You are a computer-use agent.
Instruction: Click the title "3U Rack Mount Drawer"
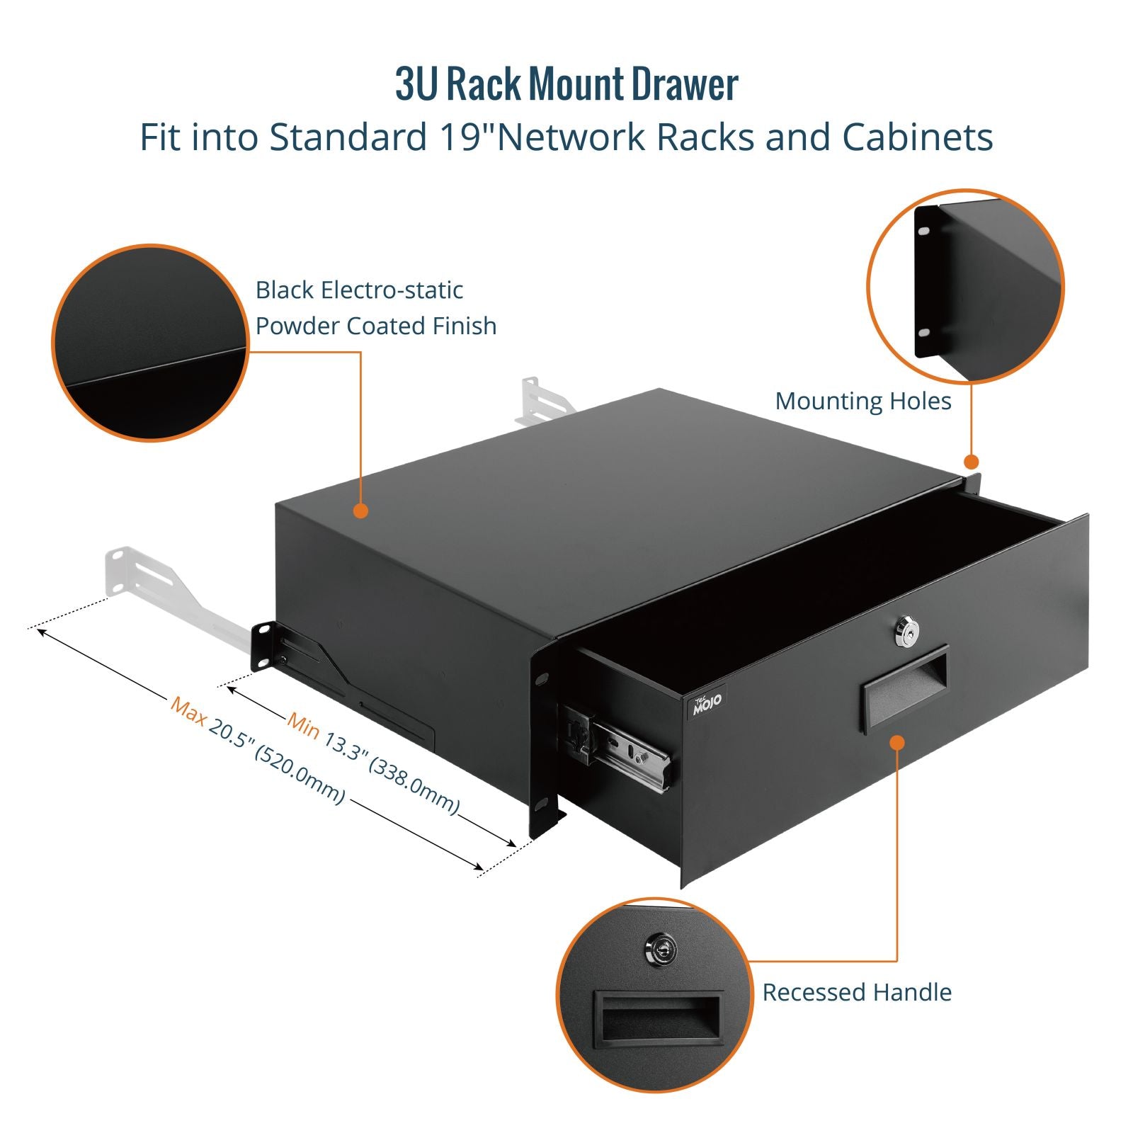[x=566, y=85]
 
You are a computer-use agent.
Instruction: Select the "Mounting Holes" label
[x=862, y=401]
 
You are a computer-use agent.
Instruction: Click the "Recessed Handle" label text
[x=856, y=992]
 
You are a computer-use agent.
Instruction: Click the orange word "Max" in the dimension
[x=188, y=710]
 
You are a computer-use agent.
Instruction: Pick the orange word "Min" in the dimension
[x=303, y=724]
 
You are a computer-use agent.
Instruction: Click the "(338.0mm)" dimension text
[x=414, y=786]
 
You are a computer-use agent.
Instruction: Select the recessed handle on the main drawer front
[x=904, y=688]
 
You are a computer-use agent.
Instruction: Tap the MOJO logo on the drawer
[x=706, y=702]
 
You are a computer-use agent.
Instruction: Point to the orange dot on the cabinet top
[x=360, y=511]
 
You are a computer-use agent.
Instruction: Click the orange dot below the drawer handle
[x=896, y=742]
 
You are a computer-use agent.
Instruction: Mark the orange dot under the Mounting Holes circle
[x=972, y=462]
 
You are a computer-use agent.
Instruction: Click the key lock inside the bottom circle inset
[x=661, y=949]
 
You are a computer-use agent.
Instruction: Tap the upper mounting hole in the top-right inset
[x=923, y=231]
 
